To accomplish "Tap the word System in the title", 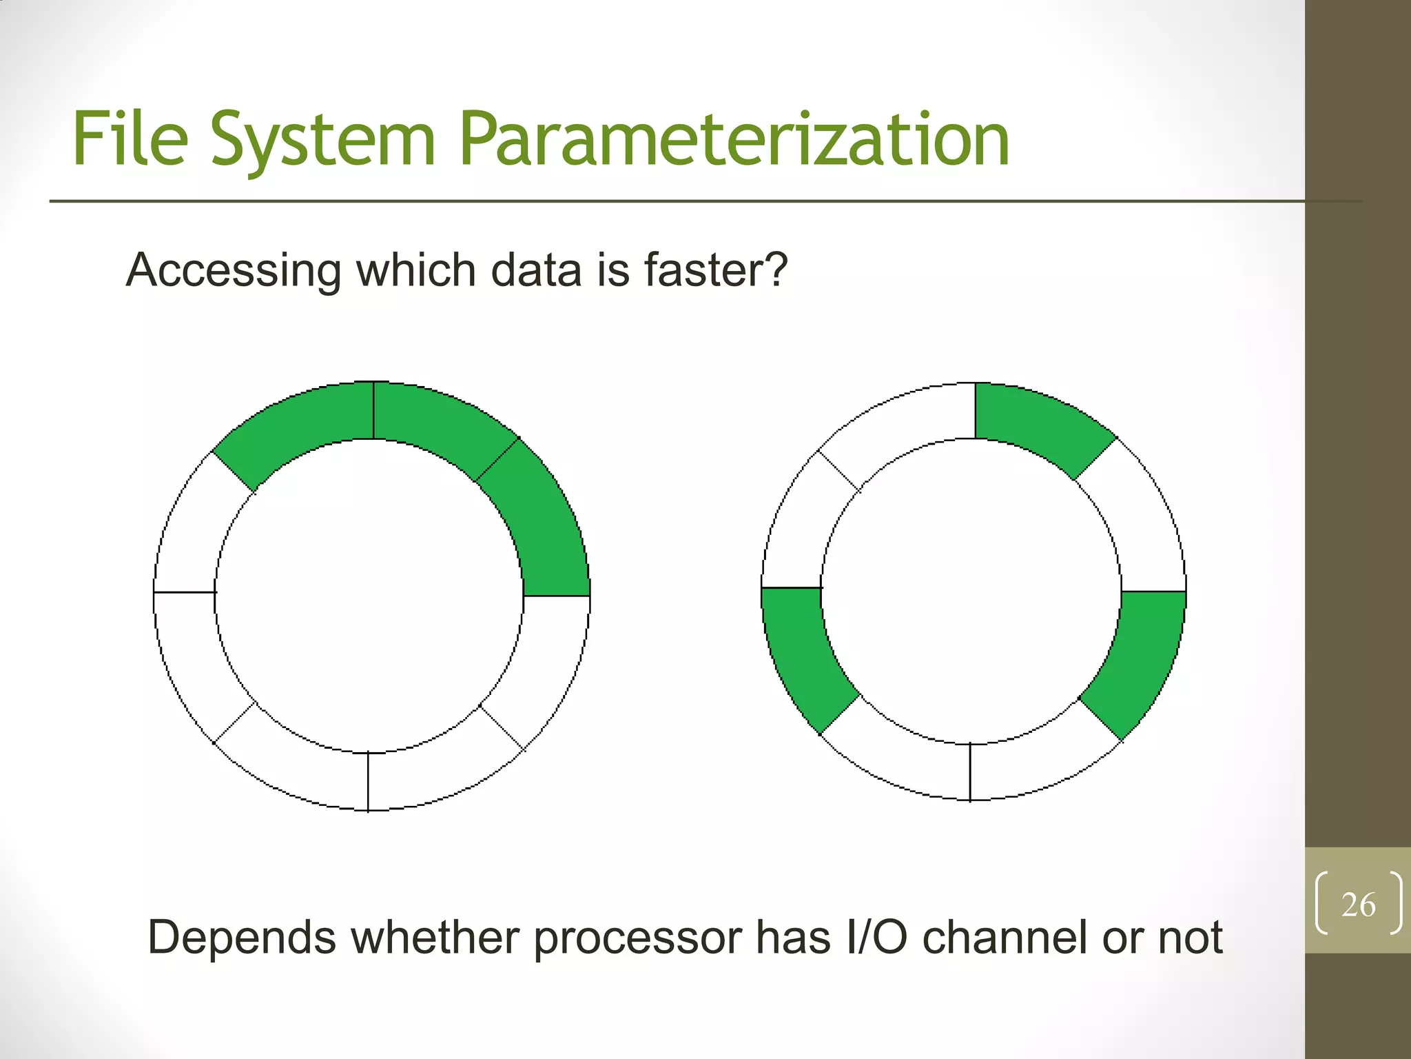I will tap(323, 141).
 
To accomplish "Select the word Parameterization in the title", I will tap(734, 141).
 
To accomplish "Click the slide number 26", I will tap(1358, 905).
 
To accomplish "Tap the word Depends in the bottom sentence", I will tap(242, 938).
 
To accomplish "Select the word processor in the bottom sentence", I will tap(637, 938).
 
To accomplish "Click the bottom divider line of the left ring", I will tap(368, 781).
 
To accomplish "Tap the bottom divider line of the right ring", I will tap(970, 772).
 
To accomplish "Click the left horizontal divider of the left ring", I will tap(185, 592).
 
